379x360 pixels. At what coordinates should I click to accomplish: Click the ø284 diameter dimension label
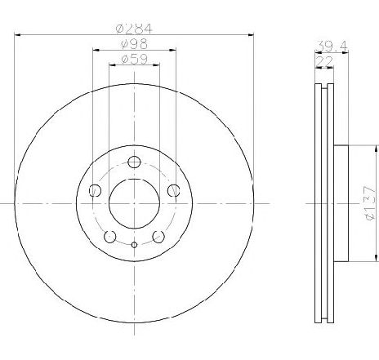pos(134,29)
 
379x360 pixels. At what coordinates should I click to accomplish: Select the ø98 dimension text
pos(134,43)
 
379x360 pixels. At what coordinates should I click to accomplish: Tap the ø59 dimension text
pos(134,59)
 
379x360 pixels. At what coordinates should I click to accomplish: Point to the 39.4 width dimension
pos(332,47)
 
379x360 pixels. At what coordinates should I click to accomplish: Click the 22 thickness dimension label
pos(324,61)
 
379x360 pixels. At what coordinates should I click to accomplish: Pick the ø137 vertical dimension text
pos(371,203)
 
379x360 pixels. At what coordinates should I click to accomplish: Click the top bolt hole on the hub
pos(134,162)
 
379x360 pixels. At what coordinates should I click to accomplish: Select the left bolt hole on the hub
pos(95,190)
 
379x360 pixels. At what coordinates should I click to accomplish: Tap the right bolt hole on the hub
pos(173,190)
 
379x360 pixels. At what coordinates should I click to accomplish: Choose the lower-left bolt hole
pos(110,237)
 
